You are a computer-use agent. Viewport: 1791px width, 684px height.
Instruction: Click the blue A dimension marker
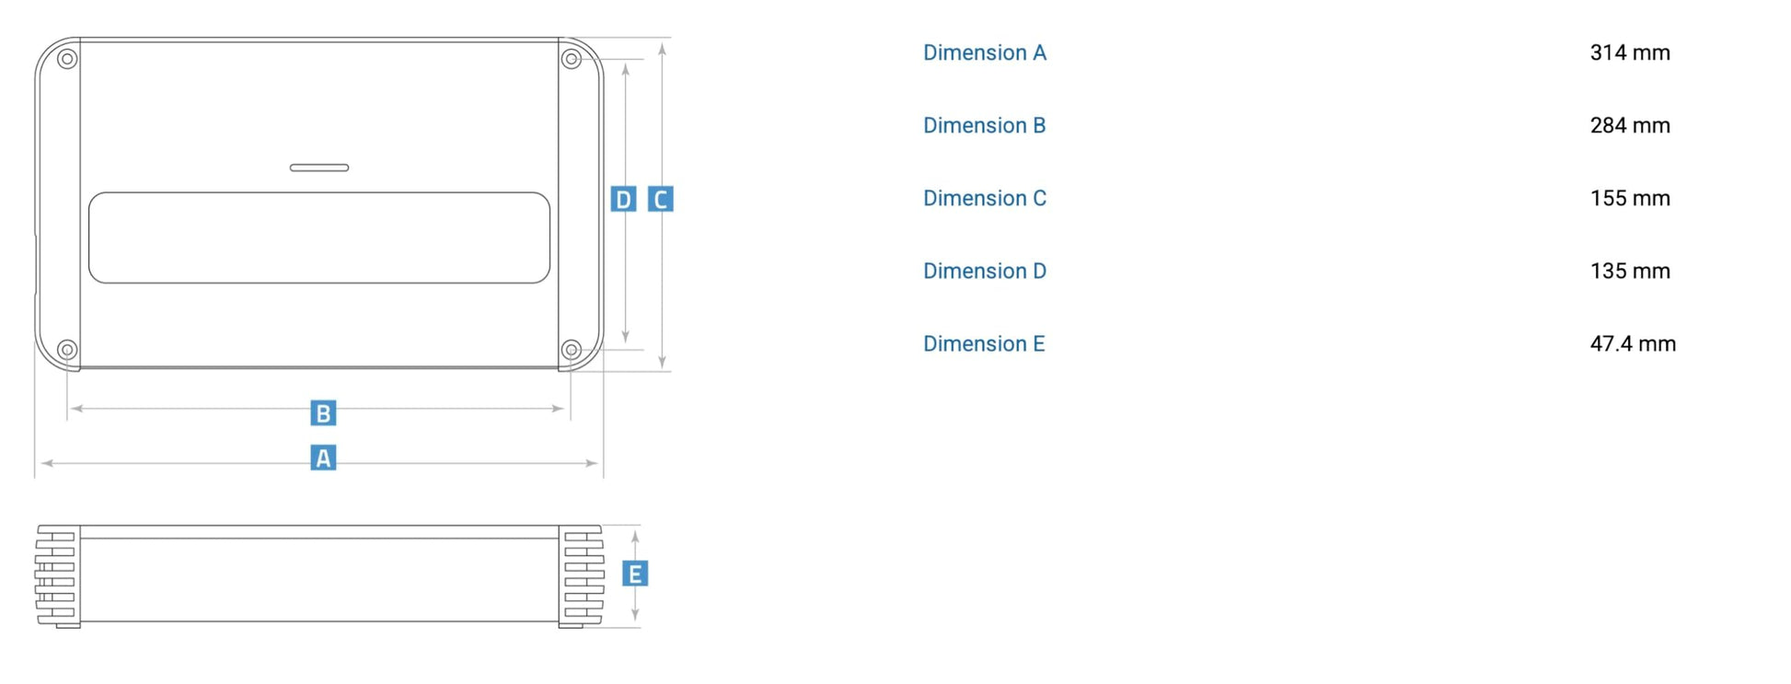coord(323,458)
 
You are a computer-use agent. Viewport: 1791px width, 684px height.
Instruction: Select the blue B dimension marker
coord(323,413)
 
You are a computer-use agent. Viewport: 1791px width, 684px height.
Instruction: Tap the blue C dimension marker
coord(661,199)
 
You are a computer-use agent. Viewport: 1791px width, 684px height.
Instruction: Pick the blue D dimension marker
coord(623,199)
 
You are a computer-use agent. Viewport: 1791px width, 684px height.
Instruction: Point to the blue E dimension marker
coord(635,574)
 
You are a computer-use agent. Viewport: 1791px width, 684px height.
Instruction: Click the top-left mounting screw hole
coord(67,59)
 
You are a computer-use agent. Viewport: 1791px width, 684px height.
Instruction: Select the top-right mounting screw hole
coord(572,59)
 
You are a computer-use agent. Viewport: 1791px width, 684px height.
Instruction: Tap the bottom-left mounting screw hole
coord(67,350)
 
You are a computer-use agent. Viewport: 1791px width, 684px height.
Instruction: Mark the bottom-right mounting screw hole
coord(572,350)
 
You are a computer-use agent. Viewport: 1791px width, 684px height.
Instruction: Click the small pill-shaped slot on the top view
coord(319,168)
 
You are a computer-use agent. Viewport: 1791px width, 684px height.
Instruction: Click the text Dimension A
coord(985,52)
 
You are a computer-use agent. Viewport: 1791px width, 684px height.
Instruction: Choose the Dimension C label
coord(985,198)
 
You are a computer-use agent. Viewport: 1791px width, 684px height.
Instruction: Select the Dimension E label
coord(984,343)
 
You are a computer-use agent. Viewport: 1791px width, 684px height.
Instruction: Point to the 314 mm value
coord(1630,52)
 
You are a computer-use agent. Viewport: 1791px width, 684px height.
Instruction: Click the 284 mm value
coord(1630,125)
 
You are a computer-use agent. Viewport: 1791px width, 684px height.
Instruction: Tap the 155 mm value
coord(1630,198)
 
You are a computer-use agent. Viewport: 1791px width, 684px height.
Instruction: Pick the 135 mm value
coord(1630,271)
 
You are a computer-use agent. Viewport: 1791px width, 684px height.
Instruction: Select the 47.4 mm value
coord(1633,343)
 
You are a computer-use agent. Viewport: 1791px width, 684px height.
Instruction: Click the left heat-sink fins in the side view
coord(57,576)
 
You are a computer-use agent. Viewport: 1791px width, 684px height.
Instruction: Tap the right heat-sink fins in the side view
coord(582,576)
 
